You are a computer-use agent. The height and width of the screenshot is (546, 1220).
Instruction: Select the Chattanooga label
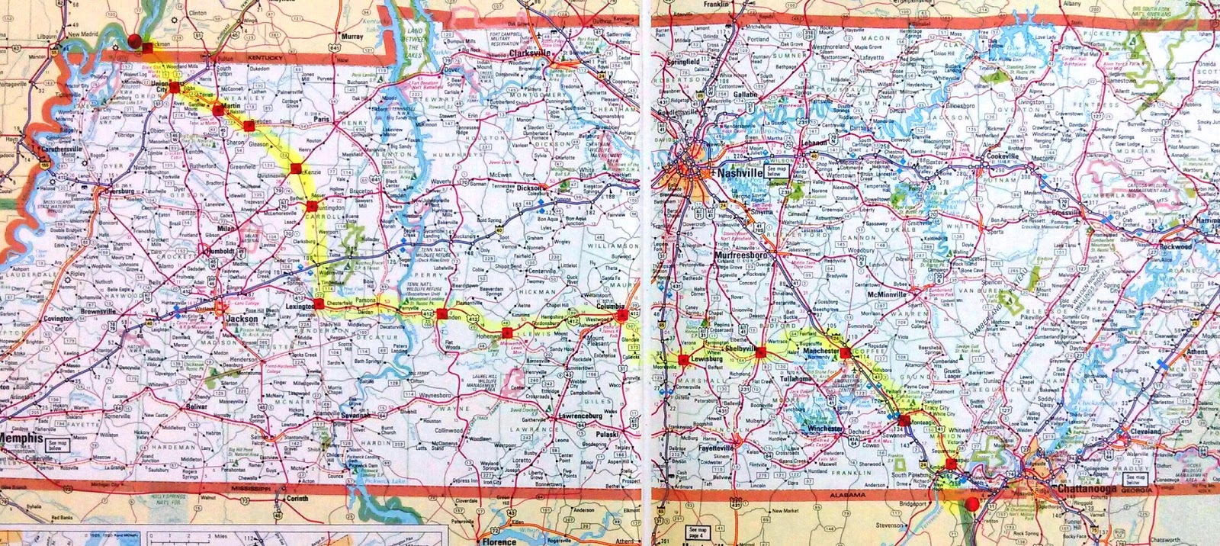(1086, 489)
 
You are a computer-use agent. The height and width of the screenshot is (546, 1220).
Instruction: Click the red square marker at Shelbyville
(760, 352)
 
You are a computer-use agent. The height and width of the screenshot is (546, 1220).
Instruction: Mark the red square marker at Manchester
(845, 352)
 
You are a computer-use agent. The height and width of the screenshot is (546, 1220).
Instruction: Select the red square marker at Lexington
(319, 304)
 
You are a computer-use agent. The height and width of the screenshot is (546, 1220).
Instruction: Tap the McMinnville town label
(884, 294)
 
